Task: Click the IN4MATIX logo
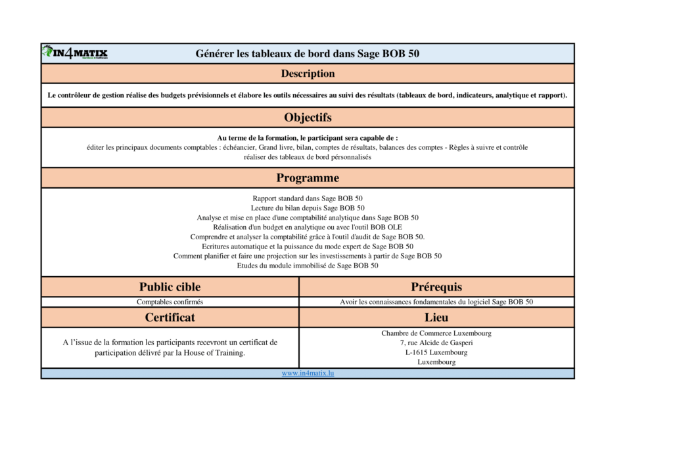tap(75, 53)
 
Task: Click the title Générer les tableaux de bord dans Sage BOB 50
tap(307, 54)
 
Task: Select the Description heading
tap(308, 74)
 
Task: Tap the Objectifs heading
tap(308, 118)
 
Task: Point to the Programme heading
tap(308, 178)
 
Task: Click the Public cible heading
tap(170, 287)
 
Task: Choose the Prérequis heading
tap(436, 287)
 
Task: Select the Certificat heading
tap(170, 318)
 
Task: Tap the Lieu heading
tap(436, 318)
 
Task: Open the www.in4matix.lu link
tap(308, 373)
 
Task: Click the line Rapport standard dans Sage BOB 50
tap(308, 198)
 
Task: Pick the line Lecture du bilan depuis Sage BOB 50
tap(308, 208)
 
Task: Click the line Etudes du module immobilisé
tap(308, 266)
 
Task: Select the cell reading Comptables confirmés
tap(170, 302)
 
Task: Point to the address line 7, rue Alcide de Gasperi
tap(436, 343)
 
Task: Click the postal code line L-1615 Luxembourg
tap(436, 352)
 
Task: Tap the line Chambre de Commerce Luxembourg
tap(436, 333)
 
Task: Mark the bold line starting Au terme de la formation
tap(308, 138)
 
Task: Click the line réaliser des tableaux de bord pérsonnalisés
tap(308, 157)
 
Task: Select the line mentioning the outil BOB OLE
tap(308, 227)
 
